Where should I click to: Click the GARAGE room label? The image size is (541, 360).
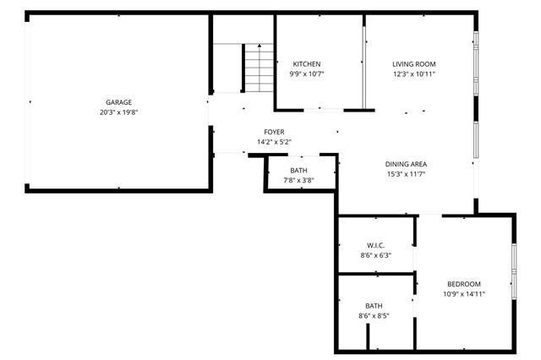(x=118, y=102)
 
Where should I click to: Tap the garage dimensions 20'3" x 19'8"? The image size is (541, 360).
(x=118, y=112)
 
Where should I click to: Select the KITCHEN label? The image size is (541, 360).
(x=307, y=64)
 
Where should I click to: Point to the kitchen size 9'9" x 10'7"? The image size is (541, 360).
(x=307, y=74)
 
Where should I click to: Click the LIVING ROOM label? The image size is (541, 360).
(x=414, y=64)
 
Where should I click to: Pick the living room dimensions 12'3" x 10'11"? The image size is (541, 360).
(x=414, y=74)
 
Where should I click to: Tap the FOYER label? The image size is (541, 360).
(x=274, y=132)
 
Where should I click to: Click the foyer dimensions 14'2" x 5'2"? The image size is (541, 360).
(x=274, y=142)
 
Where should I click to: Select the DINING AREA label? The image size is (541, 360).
(x=406, y=164)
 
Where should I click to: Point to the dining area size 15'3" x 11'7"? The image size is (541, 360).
(x=406, y=174)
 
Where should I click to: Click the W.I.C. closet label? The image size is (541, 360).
(x=375, y=246)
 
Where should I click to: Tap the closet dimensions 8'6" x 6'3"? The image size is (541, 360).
(x=375, y=255)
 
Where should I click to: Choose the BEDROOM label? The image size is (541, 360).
(x=464, y=284)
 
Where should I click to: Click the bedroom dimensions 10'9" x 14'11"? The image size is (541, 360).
(x=464, y=294)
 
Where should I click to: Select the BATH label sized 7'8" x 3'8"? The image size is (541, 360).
(x=298, y=171)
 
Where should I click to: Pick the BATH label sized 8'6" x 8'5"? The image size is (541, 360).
(x=374, y=306)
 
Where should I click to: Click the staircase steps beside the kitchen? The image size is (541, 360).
(x=260, y=68)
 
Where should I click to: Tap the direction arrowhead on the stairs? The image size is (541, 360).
(x=260, y=45)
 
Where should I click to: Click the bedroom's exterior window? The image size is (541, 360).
(x=514, y=271)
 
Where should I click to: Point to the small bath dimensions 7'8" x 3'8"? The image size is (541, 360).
(x=298, y=180)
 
